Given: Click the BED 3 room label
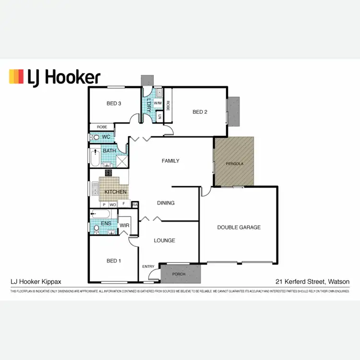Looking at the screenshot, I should click(x=114, y=103).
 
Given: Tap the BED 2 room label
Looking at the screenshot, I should click(x=200, y=112).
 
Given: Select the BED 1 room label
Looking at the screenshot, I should click(x=114, y=261).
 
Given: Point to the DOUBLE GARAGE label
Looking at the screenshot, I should click(x=239, y=227).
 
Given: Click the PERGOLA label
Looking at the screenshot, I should click(x=235, y=164).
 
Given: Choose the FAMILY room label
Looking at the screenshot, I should click(x=170, y=161).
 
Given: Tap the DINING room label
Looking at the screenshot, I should click(x=166, y=203).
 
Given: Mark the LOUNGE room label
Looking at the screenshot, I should click(x=164, y=240).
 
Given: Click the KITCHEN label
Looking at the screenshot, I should click(x=116, y=192).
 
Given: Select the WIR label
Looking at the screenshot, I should click(x=124, y=225).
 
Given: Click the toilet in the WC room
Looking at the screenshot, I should click(x=95, y=137).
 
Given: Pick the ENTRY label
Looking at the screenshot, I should click(x=148, y=266).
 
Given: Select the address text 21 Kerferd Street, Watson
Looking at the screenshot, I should click(x=312, y=282).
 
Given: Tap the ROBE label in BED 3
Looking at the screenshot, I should click(x=102, y=127).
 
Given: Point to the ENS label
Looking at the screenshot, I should click(x=107, y=223).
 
